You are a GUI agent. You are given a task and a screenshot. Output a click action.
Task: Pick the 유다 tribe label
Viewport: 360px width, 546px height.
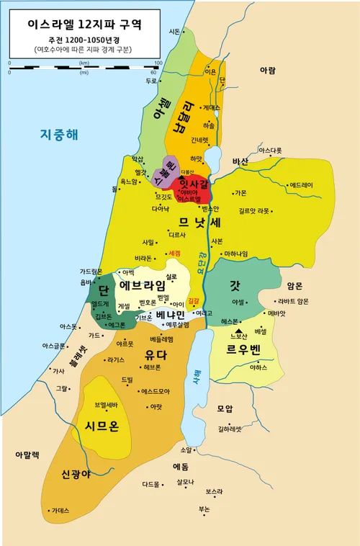click(156, 354)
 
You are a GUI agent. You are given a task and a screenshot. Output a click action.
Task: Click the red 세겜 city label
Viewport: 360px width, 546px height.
click(174, 254)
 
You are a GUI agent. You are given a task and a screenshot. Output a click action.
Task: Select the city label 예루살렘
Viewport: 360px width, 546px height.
click(172, 325)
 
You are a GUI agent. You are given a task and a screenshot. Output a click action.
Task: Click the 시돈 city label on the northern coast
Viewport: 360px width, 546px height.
click(174, 32)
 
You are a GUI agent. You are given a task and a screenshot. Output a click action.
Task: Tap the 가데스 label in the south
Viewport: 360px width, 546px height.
click(60, 510)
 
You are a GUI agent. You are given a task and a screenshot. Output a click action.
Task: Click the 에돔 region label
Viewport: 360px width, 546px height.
click(181, 466)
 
